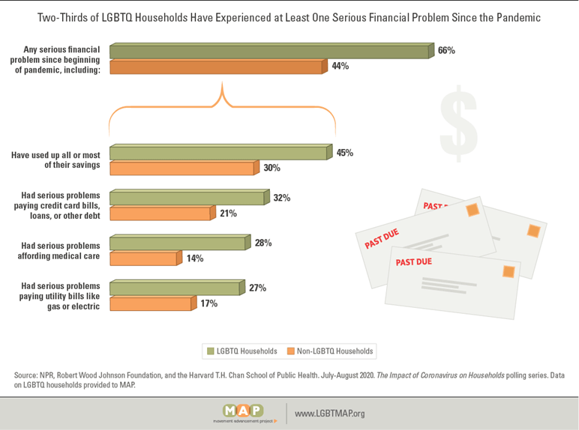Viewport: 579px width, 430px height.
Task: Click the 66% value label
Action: [447, 50]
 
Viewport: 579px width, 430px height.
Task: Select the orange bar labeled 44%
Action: [216, 67]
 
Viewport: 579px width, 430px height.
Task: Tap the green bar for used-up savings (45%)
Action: [218, 153]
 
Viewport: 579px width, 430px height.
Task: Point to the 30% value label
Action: [271, 168]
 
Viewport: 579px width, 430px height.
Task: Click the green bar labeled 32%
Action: [187, 198]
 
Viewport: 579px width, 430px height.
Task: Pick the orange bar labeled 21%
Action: [160, 214]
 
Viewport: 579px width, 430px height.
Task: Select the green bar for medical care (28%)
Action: [177, 243]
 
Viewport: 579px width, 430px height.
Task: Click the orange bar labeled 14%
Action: [142, 258]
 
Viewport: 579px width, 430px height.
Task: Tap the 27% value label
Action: [257, 288]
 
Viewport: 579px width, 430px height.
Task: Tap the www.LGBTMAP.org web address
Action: [329, 413]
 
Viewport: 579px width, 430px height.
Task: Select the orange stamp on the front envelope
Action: [508, 270]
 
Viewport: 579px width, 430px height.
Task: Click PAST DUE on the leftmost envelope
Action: [382, 238]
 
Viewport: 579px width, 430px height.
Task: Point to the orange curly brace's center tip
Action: [222, 88]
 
